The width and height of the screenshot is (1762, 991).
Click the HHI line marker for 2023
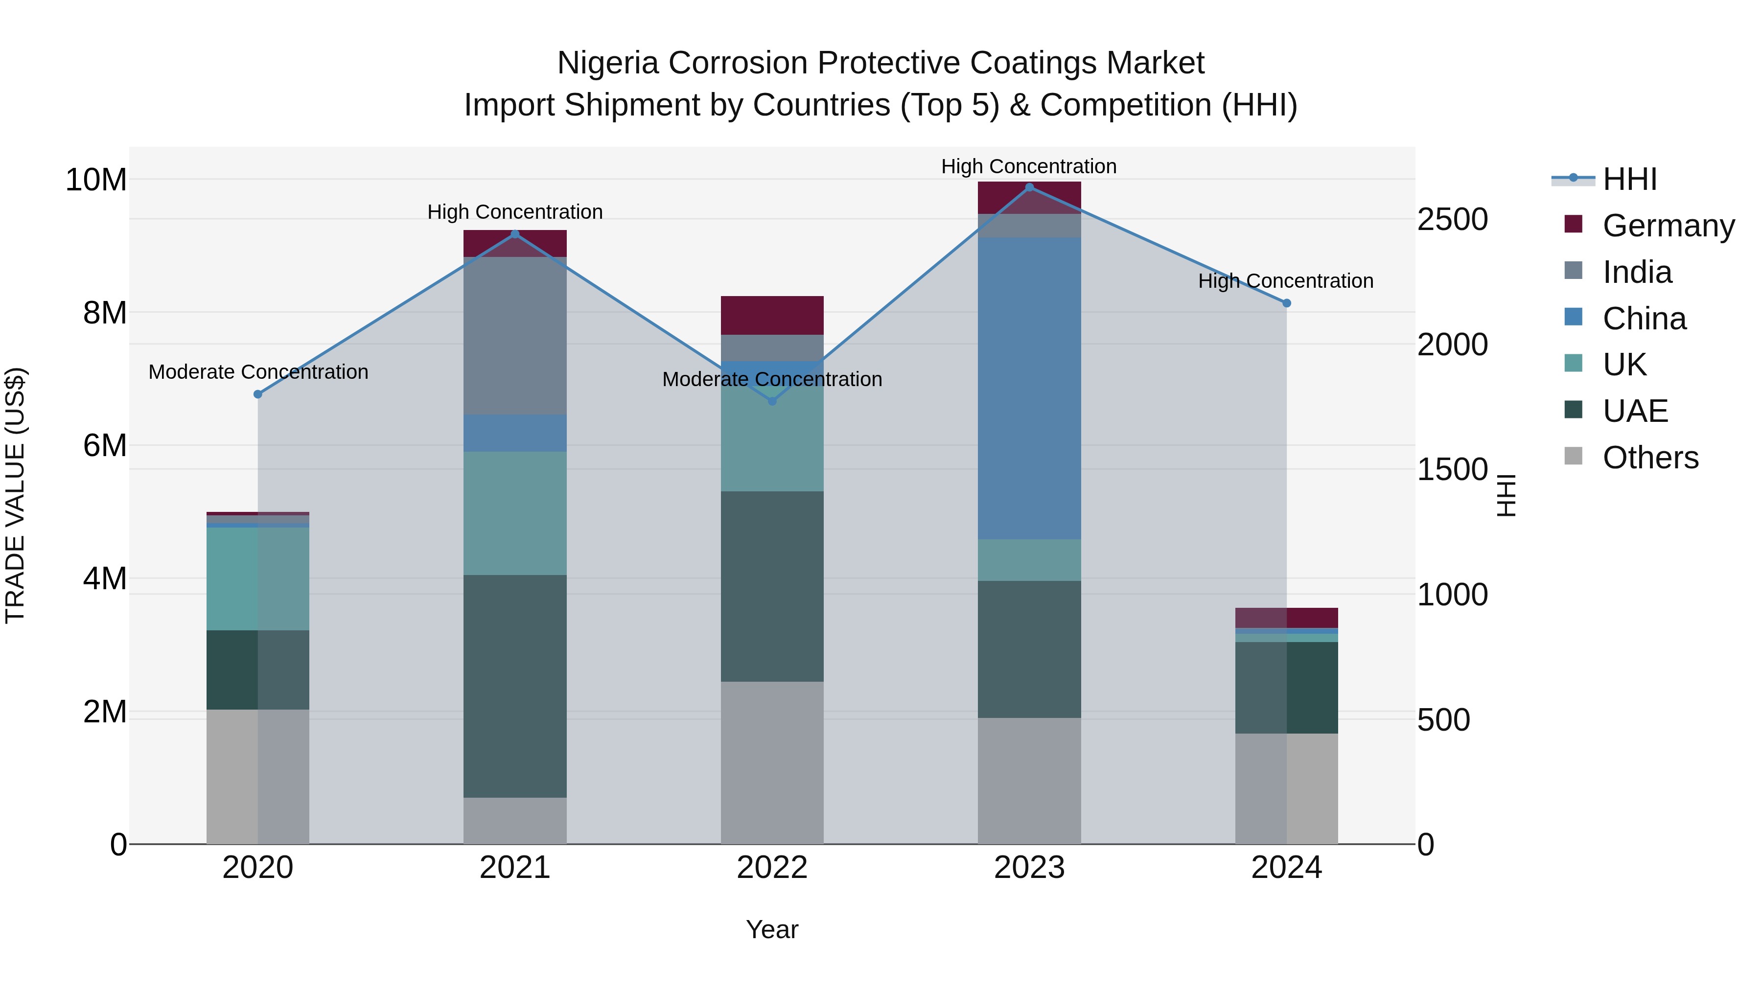(1029, 187)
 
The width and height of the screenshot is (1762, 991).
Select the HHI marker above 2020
(258, 394)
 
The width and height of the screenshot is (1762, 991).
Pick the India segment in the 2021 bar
(515, 335)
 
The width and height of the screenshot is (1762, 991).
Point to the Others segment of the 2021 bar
(515, 820)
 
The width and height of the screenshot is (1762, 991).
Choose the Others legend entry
(1650, 458)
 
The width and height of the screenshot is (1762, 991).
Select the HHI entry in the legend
(1629, 179)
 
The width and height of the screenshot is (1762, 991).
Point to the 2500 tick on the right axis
(1452, 220)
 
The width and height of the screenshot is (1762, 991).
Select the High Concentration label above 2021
(515, 212)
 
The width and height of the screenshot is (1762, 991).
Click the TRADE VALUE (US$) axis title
(15, 495)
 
